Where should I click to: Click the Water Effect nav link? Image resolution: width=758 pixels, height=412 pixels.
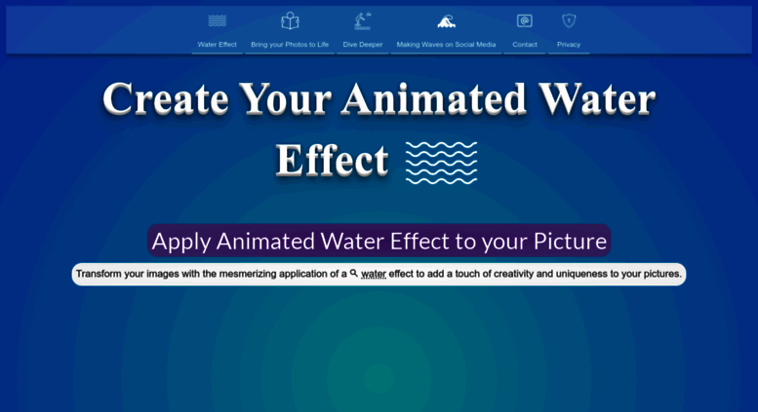click(217, 45)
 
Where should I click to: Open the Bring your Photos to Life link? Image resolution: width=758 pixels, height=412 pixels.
click(290, 45)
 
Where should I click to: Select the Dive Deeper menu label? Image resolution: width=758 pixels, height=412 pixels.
click(363, 45)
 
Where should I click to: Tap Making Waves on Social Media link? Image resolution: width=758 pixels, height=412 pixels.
click(446, 45)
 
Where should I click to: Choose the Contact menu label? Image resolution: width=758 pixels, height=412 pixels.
click(525, 45)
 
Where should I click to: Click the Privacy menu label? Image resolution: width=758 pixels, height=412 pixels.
click(569, 45)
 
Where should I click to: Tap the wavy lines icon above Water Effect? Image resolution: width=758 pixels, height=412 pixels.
click(217, 20)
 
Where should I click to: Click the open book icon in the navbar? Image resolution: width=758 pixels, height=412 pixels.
click(290, 20)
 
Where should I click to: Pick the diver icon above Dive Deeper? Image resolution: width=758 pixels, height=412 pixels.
click(363, 20)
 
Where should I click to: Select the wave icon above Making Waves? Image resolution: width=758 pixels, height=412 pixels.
click(446, 21)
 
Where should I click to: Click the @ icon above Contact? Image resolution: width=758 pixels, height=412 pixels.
click(525, 20)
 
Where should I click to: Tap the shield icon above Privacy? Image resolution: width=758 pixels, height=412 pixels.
click(569, 20)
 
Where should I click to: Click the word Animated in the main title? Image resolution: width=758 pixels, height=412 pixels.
click(433, 99)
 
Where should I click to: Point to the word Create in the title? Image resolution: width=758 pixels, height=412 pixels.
click(165, 99)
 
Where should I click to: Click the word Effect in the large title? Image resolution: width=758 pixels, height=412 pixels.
click(332, 160)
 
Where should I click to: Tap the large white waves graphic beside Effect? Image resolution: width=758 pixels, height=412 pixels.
click(441, 163)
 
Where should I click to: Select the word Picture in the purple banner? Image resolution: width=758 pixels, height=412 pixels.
click(570, 242)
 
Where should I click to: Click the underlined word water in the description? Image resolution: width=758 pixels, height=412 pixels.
click(374, 274)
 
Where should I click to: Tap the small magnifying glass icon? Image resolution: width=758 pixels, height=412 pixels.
click(354, 273)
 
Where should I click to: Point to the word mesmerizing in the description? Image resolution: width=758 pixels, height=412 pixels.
click(248, 274)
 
